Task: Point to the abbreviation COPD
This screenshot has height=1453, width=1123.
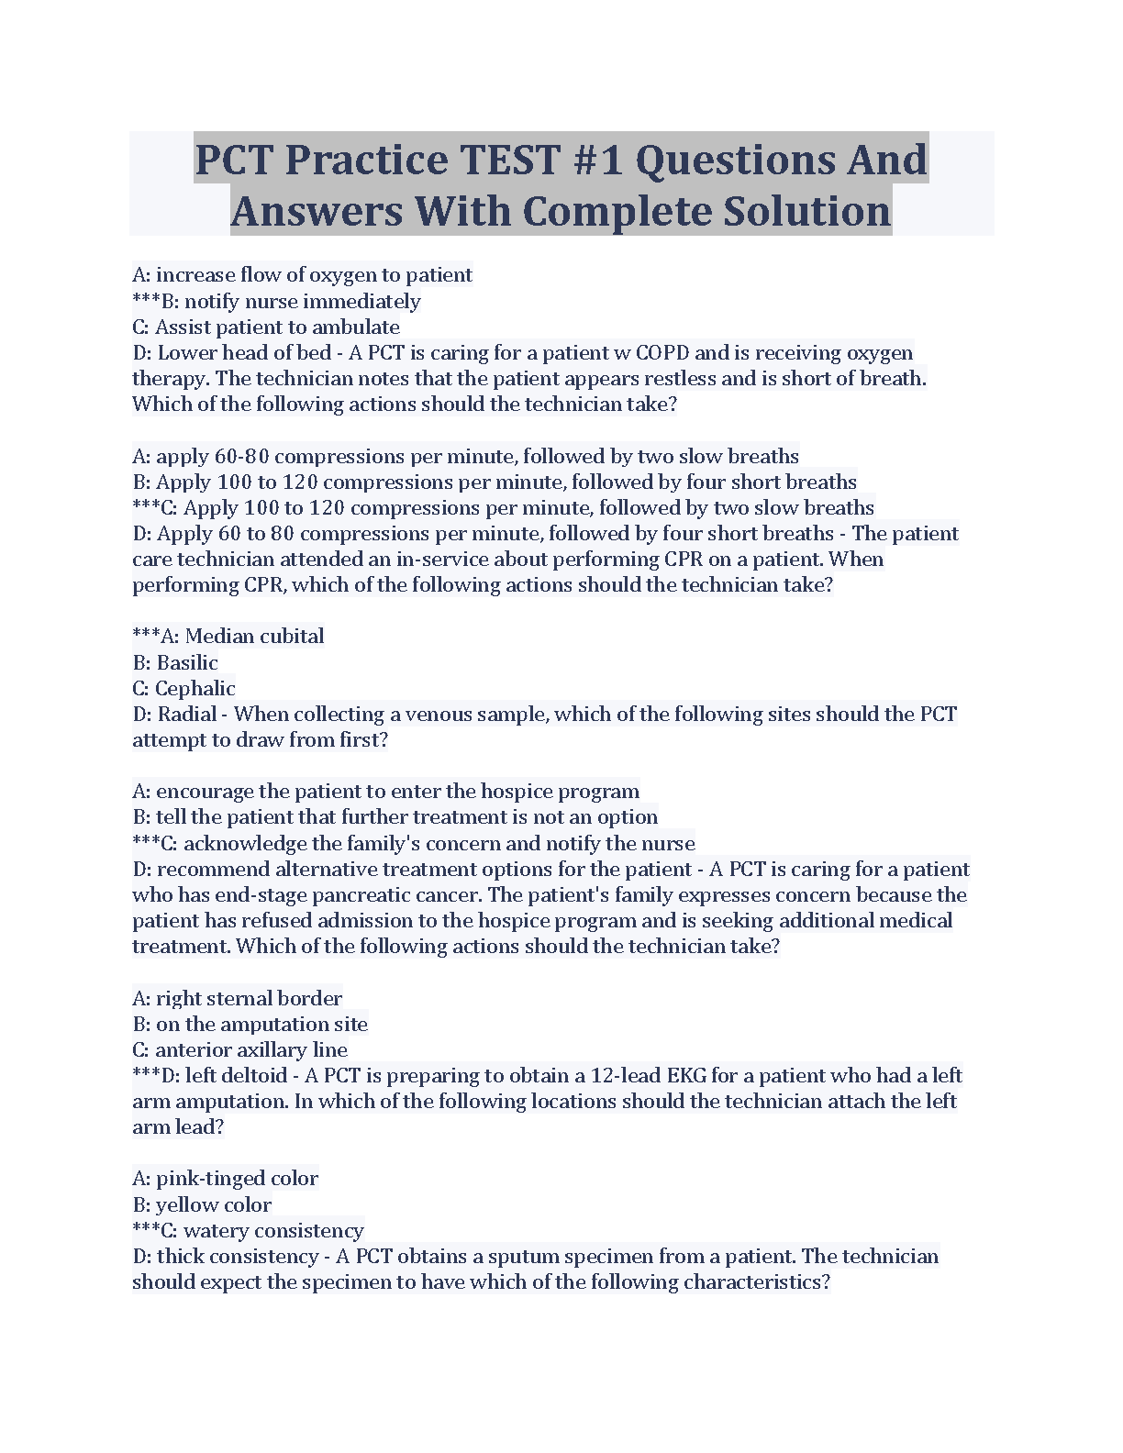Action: click(x=662, y=353)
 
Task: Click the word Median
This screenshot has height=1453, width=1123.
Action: click(x=219, y=637)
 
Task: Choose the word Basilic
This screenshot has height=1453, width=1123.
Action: click(x=187, y=662)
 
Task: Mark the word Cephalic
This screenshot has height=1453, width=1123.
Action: click(x=195, y=688)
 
